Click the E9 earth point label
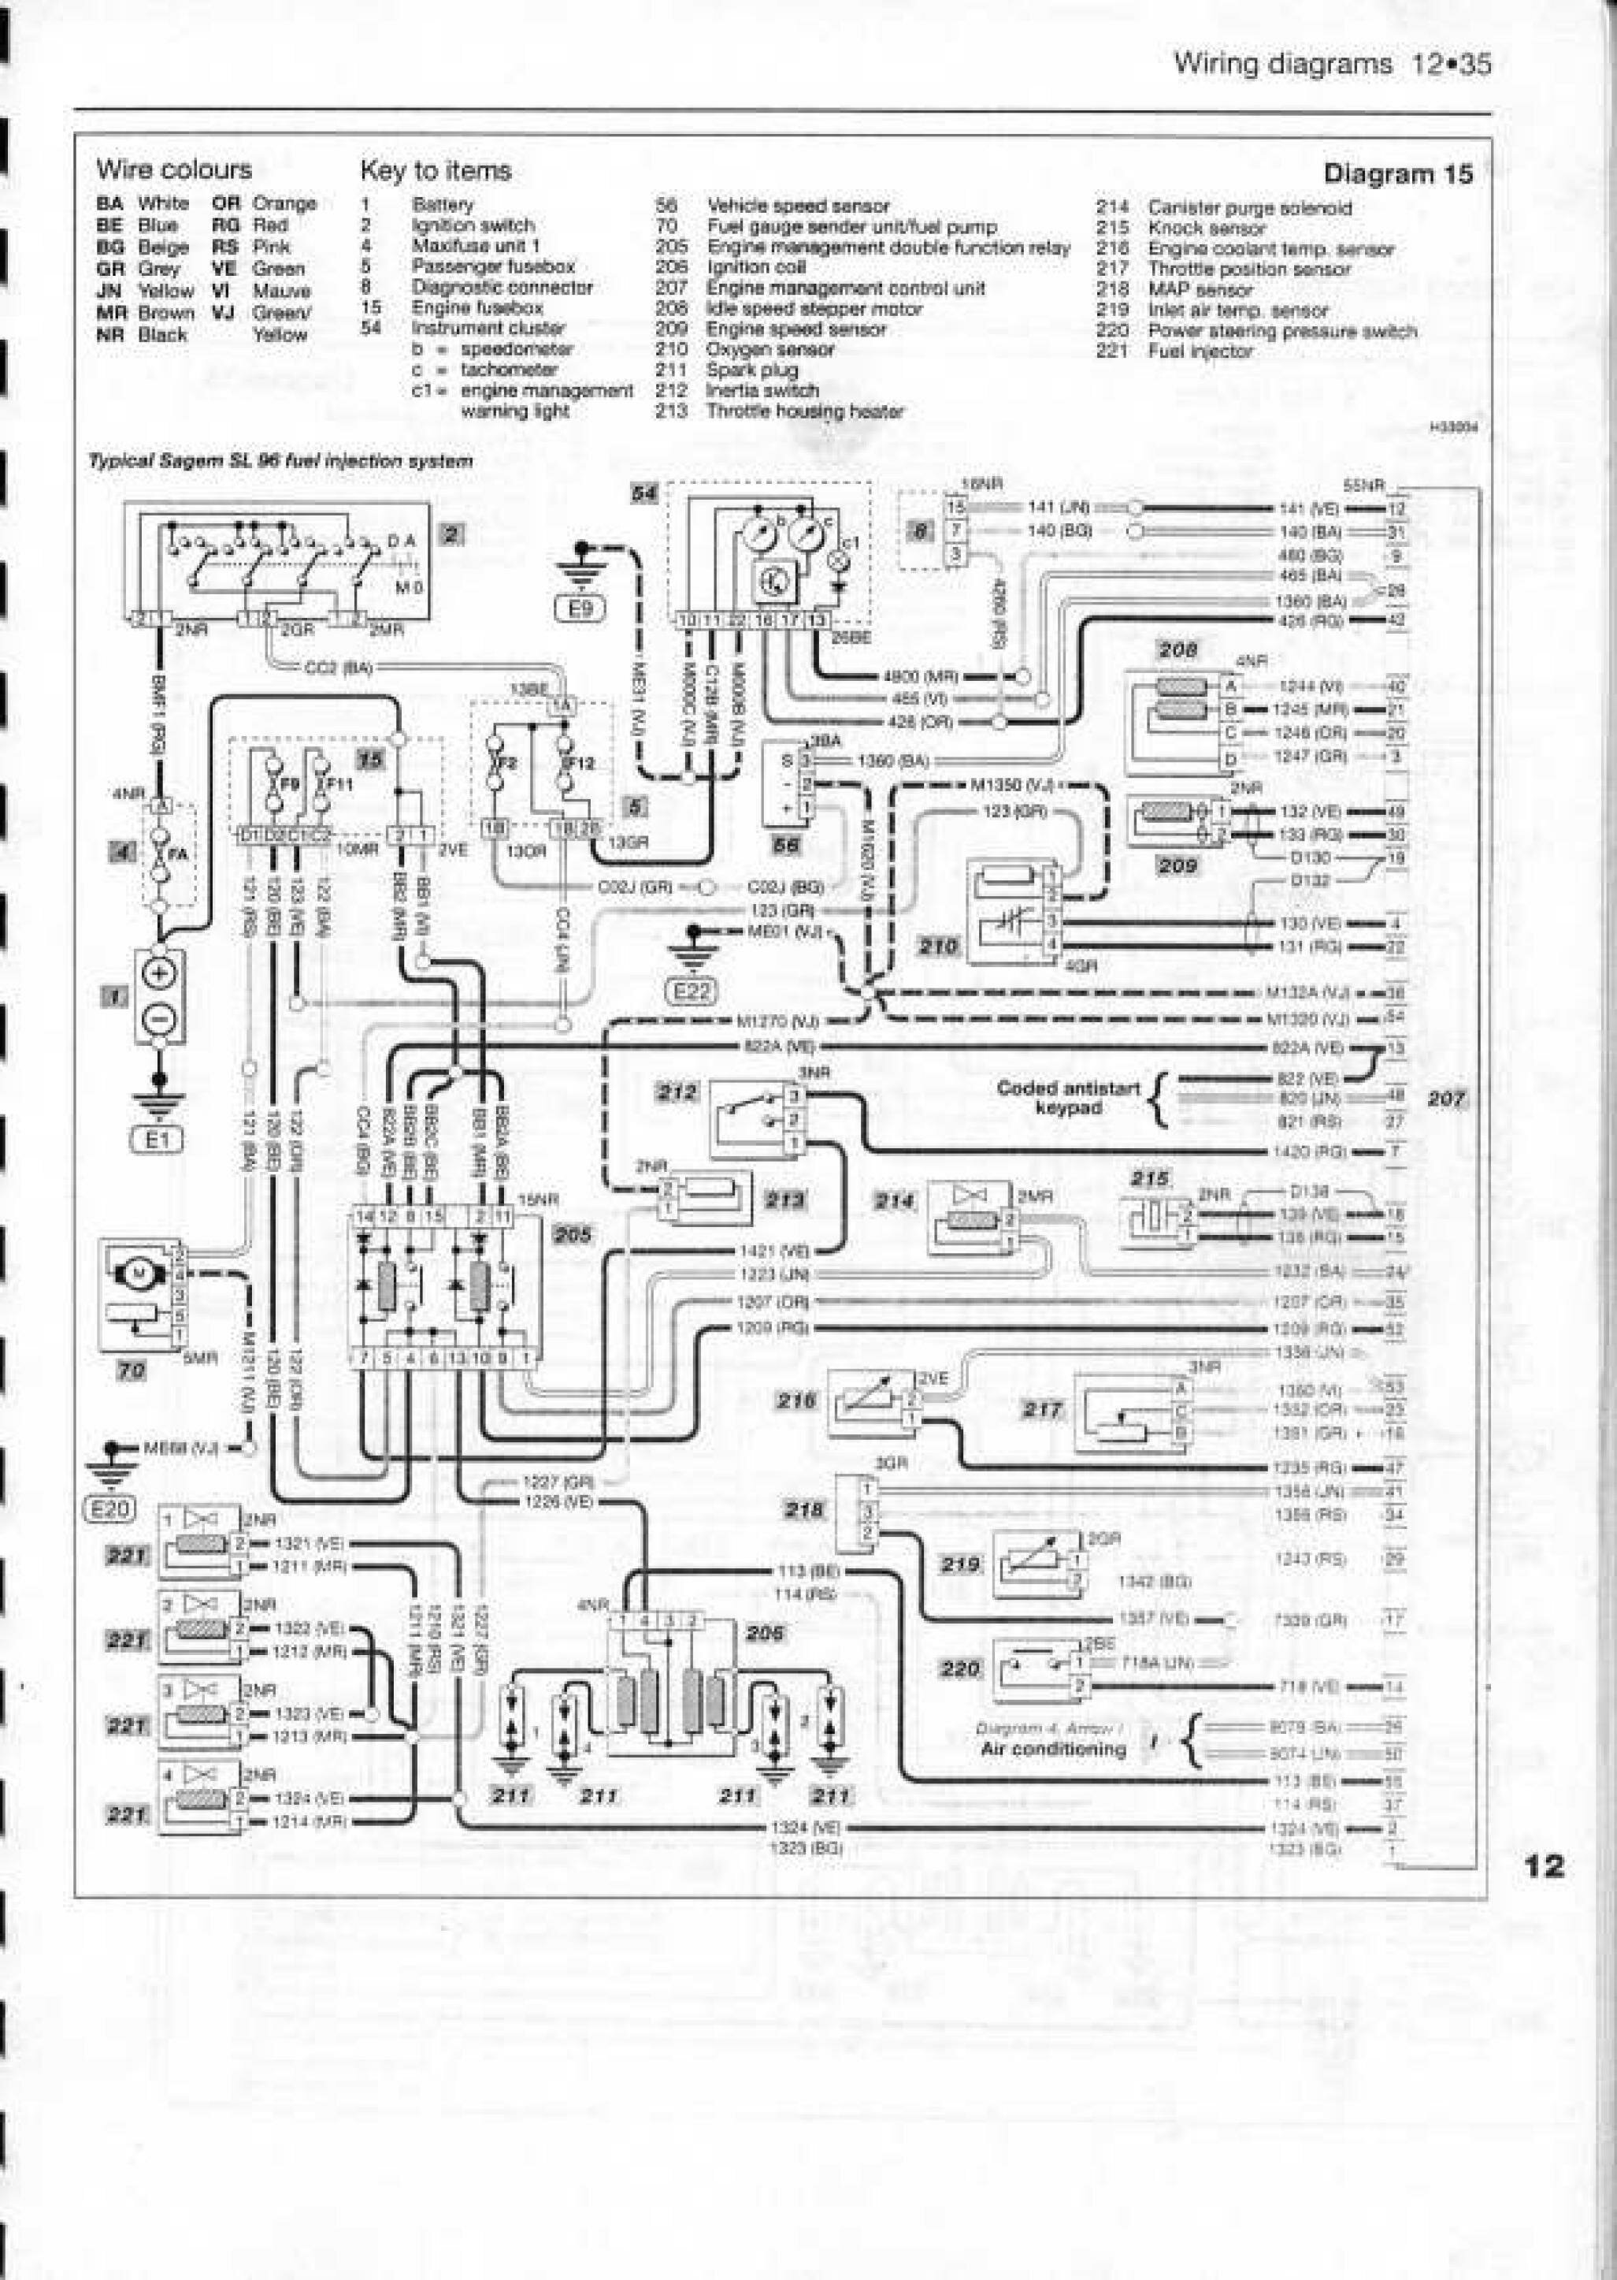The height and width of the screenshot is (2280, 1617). pyautogui.click(x=580, y=607)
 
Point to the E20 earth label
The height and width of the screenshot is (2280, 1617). pyautogui.click(x=110, y=1509)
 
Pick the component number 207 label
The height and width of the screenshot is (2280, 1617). pyautogui.click(x=1446, y=1099)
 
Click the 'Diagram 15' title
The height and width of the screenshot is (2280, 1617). pyautogui.click(x=1397, y=174)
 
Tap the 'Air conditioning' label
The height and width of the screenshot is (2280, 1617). pyautogui.click(x=1052, y=1748)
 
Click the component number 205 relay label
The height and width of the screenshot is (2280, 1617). pyautogui.click(x=572, y=1235)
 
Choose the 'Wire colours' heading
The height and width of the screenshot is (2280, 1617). pyautogui.click(x=174, y=169)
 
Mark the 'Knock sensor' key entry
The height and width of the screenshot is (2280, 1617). pyautogui.click(x=1206, y=228)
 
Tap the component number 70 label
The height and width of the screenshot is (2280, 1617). pyautogui.click(x=132, y=1371)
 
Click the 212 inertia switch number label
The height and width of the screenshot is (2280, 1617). pyautogui.click(x=677, y=1092)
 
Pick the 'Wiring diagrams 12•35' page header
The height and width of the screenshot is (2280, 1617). pyautogui.click(x=1332, y=65)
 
